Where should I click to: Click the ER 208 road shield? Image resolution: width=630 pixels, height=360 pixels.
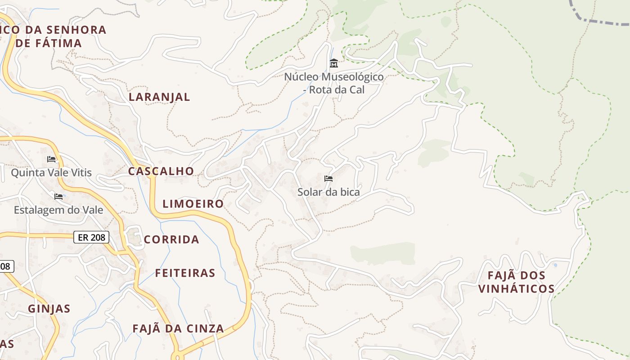pos(91,237)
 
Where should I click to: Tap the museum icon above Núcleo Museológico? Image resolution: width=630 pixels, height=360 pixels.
pos(333,63)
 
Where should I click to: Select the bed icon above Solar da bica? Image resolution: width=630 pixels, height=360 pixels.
pos(328,179)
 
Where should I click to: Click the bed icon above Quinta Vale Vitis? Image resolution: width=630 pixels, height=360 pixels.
pos(51,159)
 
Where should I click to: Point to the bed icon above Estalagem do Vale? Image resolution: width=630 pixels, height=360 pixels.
pos(58,196)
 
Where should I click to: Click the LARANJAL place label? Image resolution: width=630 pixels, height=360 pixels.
pos(159,97)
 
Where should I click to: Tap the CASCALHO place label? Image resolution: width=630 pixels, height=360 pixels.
pos(161,171)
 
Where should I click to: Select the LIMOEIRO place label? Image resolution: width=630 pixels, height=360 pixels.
pos(193,203)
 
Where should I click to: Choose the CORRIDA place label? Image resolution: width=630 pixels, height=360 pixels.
pos(171,239)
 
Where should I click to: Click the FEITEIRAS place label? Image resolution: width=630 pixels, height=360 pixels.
pos(185,273)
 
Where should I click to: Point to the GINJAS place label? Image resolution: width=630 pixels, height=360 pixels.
pos(49,309)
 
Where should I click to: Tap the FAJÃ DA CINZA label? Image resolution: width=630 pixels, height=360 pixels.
pos(178,328)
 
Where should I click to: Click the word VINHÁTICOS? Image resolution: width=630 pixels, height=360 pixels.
pos(516,288)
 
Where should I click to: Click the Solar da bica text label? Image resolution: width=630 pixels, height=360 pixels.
pos(328,192)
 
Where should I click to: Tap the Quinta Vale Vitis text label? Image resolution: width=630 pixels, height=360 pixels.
pos(51,172)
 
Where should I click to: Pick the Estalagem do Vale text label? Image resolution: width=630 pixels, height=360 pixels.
pos(58,210)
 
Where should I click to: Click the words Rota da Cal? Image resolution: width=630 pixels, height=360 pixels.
pos(337,90)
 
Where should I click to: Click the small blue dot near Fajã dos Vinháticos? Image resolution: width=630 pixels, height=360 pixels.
pos(555,265)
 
